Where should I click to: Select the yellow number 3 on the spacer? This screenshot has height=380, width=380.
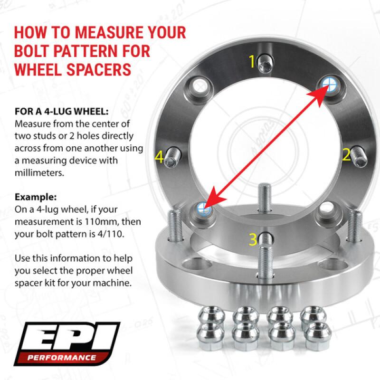coord(253,237)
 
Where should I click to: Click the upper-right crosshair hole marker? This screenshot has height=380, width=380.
coord(328,84)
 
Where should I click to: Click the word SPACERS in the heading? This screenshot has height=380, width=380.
coord(101,69)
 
